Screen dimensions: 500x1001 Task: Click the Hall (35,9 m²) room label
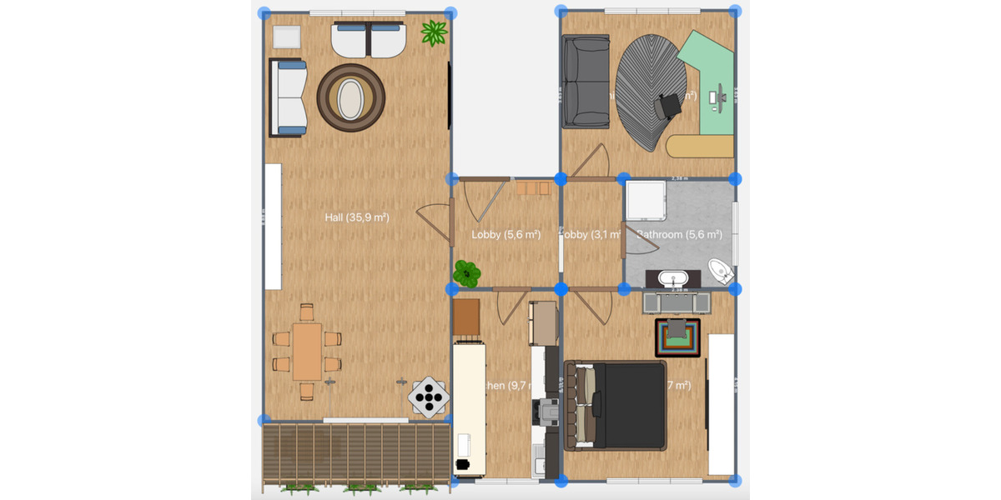pyautogui.click(x=357, y=217)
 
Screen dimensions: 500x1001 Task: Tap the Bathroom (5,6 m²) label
pyautogui.click(x=679, y=235)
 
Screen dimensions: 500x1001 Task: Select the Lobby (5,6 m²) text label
pyautogui.click(x=506, y=235)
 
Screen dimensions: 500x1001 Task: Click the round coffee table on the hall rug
pyautogui.click(x=351, y=98)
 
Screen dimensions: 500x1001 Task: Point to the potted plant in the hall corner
pyautogui.click(x=434, y=33)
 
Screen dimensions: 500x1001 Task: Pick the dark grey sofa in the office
pyautogui.click(x=585, y=82)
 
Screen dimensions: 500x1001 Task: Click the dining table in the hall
pyautogui.click(x=307, y=351)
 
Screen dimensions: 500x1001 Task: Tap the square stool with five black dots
pyautogui.click(x=429, y=397)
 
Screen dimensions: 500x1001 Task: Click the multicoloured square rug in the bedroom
pyautogui.click(x=678, y=337)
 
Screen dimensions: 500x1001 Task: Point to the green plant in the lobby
pyautogui.click(x=467, y=272)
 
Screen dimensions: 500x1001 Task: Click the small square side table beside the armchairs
pyautogui.click(x=286, y=37)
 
